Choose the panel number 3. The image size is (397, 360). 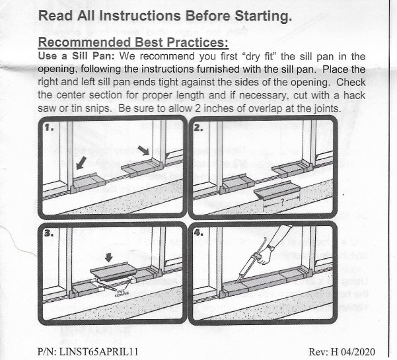pos(48,233)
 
